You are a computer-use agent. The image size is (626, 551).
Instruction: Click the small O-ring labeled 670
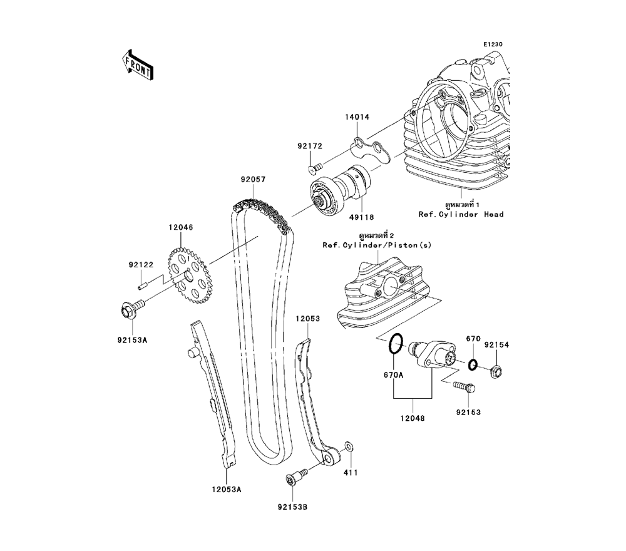(473, 364)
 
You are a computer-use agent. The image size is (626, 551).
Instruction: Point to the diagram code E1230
(492, 44)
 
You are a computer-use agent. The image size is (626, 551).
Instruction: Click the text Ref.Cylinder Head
(461, 214)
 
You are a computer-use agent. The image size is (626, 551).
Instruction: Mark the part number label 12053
(308, 319)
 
